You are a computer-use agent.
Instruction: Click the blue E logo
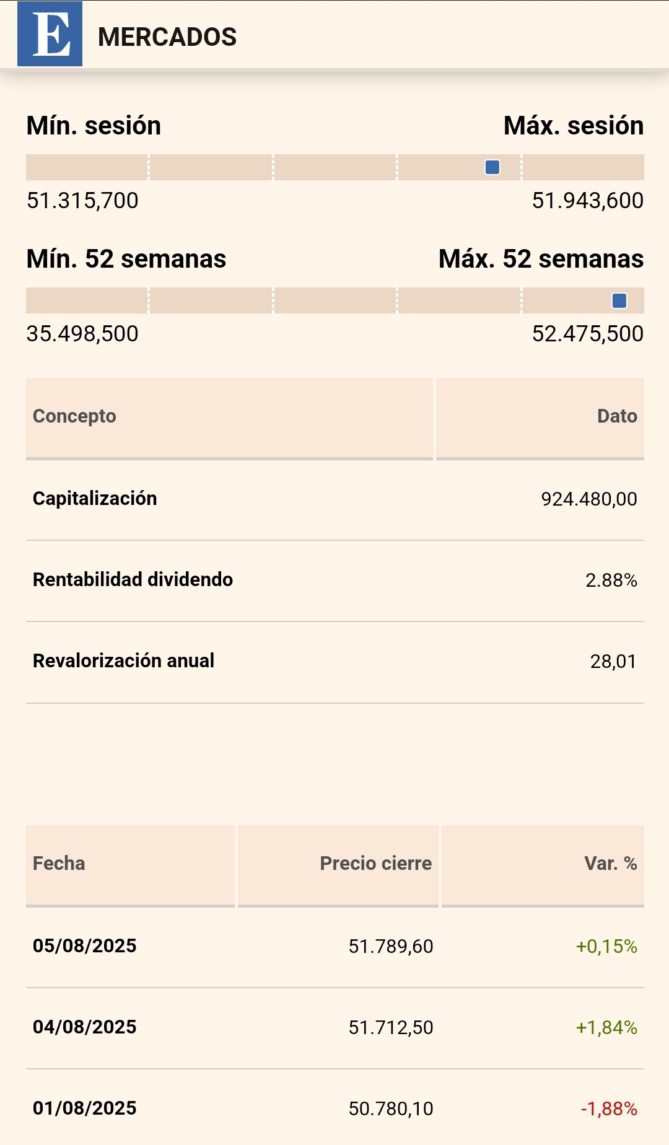pos(50,33)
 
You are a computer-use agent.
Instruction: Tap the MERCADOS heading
pos(167,37)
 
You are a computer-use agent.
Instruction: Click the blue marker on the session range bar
pos(492,167)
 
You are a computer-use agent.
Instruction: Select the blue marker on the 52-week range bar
pos(619,301)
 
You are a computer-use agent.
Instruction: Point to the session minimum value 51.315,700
pos(82,200)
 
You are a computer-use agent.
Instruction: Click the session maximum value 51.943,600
pos(588,200)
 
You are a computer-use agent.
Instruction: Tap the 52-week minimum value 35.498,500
pos(82,333)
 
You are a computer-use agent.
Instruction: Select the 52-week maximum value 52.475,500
pos(588,333)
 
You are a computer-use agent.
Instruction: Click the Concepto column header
pos(74,416)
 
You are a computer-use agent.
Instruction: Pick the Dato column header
pos(617,416)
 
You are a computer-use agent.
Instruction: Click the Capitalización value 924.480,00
pos(589,499)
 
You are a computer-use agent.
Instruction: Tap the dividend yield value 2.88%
pos(611,580)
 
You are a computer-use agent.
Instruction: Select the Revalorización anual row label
pos(123,660)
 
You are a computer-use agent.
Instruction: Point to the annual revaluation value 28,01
pos(613,662)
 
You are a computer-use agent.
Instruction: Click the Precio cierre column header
pos(375,863)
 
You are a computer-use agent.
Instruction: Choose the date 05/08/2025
pos(84,945)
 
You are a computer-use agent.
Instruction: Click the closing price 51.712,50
pos(391,1027)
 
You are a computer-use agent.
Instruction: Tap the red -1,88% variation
pos(609,1108)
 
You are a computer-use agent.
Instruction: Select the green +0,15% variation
pos(606,946)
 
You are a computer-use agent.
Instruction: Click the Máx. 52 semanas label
pos(541,259)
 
